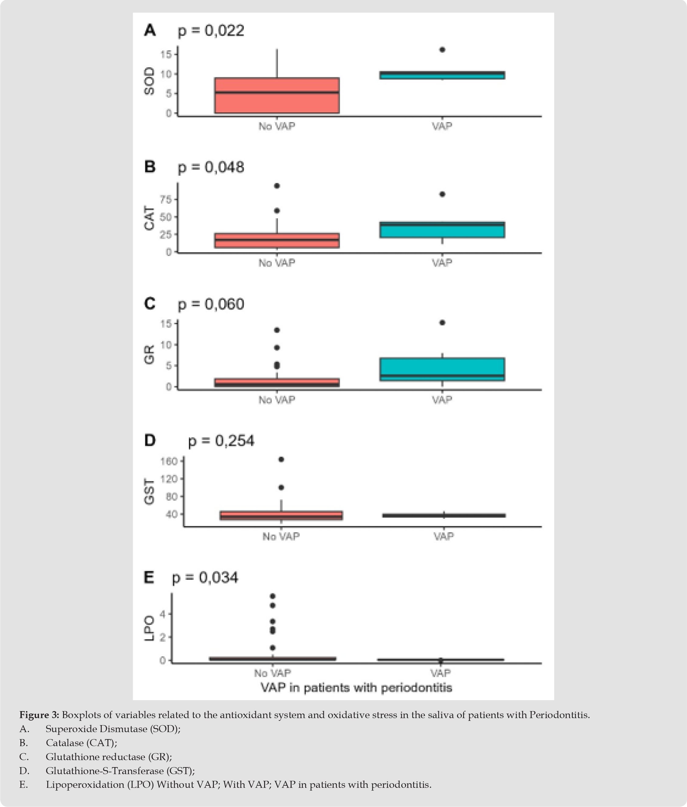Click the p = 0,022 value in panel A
211,30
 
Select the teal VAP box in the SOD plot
442,75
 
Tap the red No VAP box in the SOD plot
277,95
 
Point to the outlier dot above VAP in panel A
442,49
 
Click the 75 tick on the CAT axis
166,200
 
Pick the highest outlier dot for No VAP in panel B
277,186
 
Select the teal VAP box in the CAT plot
442,230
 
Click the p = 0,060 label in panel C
211,304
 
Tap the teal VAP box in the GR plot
442,369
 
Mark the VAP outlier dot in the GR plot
442,323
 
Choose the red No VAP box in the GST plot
281,515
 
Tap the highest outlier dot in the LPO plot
273,596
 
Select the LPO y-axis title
149,629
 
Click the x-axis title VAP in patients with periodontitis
356,688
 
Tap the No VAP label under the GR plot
277,400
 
